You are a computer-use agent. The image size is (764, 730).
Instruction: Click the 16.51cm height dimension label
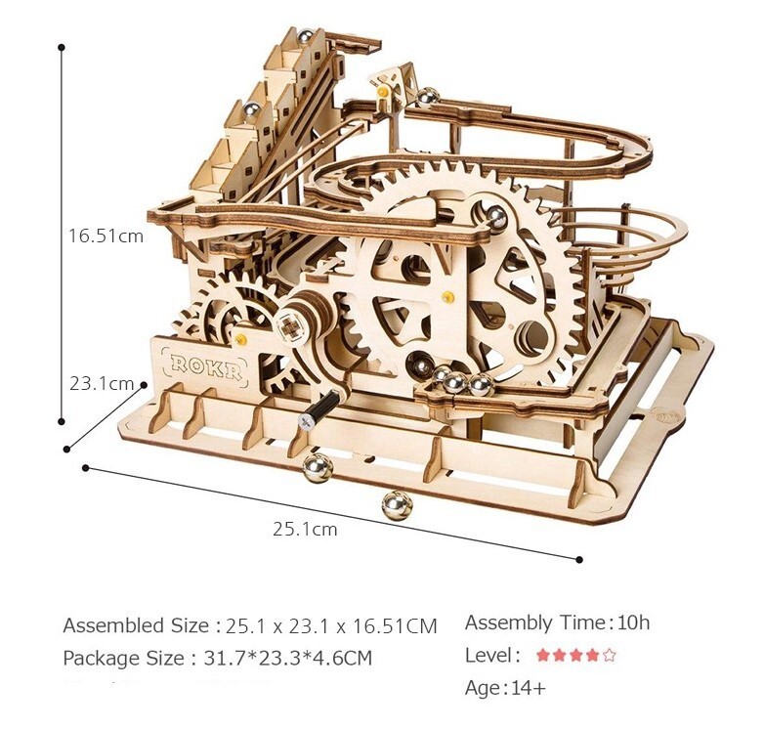(106, 236)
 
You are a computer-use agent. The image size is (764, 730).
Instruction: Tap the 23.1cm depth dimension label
(102, 383)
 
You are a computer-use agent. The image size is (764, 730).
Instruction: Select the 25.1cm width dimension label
(305, 529)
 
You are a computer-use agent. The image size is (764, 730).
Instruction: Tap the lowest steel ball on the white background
(397, 505)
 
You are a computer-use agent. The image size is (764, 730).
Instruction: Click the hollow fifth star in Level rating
(609, 655)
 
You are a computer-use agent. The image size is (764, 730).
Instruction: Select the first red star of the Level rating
(543, 655)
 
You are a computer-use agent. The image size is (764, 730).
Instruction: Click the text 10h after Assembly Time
(633, 623)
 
